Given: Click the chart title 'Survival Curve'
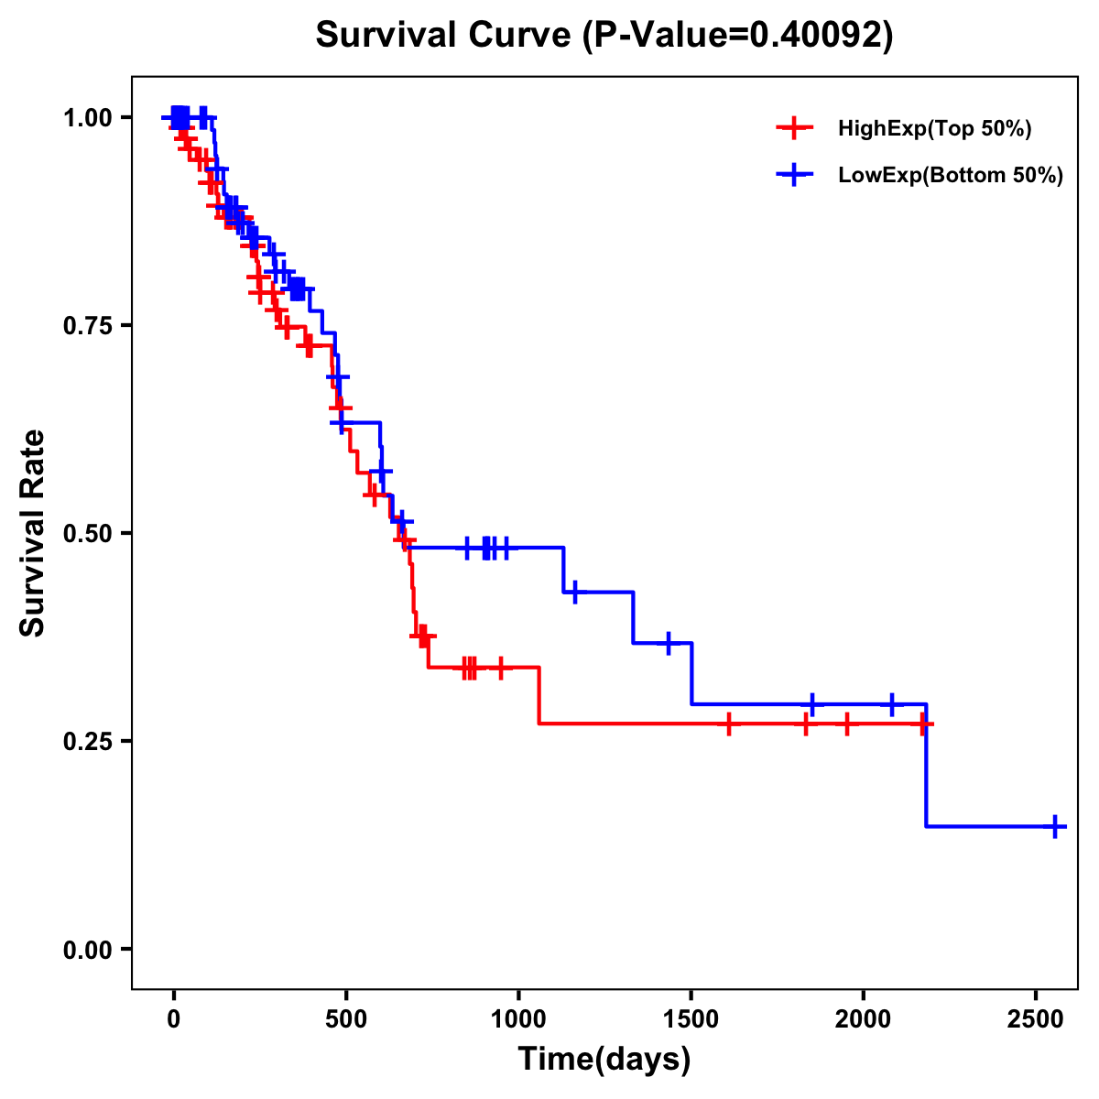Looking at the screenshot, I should [x=444, y=35].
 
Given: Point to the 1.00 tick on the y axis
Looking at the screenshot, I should [x=88, y=117].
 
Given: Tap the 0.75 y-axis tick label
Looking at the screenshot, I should [x=88, y=325].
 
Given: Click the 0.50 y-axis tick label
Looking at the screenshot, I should [x=88, y=533].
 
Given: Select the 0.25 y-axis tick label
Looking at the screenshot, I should [x=88, y=741].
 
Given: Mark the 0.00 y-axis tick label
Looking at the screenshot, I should [x=88, y=949].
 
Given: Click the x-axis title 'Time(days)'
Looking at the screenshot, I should [x=604, y=1060].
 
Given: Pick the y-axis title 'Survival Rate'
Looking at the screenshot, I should [x=33, y=533].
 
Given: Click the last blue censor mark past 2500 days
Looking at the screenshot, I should [x=1055, y=826].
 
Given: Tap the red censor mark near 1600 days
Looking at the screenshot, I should [x=728, y=724].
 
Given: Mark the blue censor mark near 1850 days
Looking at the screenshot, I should [x=811, y=704].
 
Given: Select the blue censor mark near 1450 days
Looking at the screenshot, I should [x=669, y=643].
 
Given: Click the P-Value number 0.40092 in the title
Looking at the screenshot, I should [x=817, y=35].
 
